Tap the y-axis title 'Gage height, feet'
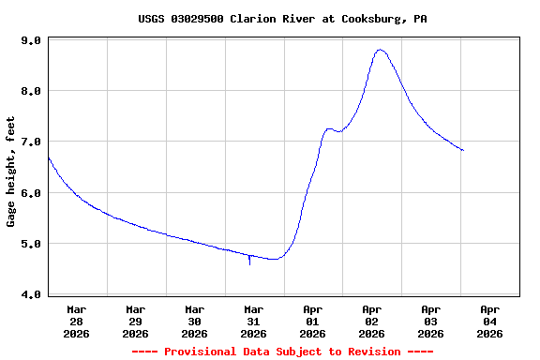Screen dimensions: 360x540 point(11,172)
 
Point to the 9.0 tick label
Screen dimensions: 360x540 point(30,40)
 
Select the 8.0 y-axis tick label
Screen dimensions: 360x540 point(30,91)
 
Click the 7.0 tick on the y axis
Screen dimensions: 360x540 point(30,142)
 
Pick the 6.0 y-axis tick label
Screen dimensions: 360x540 point(30,193)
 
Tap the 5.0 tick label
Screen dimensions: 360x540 point(30,244)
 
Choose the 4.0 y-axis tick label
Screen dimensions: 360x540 point(30,294)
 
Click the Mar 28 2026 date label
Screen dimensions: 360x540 point(77,321)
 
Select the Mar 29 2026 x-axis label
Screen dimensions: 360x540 point(136,321)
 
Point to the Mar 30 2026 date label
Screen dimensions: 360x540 point(195,321)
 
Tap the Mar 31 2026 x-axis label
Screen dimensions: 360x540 point(254,321)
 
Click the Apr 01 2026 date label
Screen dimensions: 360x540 point(313,321)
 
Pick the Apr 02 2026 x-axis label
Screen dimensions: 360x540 point(372,321)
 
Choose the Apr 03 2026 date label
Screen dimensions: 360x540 point(431,321)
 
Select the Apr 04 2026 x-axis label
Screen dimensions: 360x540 point(490,321)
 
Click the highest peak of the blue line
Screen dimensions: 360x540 point(380,50)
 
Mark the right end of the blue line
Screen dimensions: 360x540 point(463,150)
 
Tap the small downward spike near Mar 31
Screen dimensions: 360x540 point(249,262)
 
